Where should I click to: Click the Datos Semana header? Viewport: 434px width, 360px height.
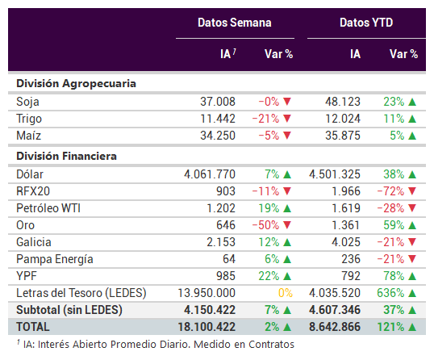[235, 23]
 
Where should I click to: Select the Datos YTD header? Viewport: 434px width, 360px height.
[366, 23]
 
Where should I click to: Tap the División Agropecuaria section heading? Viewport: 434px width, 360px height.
[76, 84]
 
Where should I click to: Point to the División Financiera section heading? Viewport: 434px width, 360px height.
[66, 156]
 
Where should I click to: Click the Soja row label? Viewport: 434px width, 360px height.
[27, 102]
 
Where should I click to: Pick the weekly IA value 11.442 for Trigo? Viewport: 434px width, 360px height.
[218, 119]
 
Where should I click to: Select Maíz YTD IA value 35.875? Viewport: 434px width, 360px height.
[343, 136]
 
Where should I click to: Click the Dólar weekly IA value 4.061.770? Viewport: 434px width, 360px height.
[210, 174]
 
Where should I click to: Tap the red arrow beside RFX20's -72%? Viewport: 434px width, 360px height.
[412, 191]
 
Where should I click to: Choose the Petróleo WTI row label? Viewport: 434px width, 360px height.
[48, 208]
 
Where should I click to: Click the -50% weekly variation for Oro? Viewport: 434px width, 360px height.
[265, 225]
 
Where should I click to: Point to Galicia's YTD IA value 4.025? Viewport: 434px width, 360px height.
[346, 242]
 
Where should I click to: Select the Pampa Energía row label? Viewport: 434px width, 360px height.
[55, 259]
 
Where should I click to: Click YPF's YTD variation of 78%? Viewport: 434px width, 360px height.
[394, 276]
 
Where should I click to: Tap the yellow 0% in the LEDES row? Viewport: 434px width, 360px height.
[286, 293]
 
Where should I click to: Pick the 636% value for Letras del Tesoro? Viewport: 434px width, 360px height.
[390, 293]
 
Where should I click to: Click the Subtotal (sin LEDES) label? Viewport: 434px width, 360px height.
[69, 310]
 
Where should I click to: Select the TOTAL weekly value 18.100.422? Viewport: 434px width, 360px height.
[207, 327]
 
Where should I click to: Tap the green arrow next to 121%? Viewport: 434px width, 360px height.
[412, 328]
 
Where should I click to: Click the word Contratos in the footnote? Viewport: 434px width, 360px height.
[271, 345]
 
